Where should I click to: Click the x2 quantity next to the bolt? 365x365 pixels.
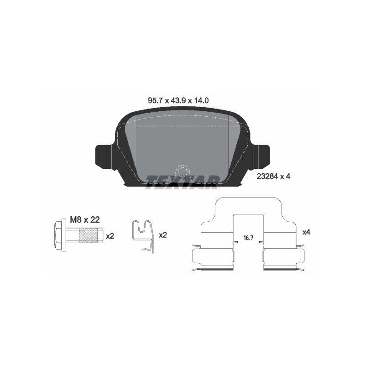pyautogui.click(x=110, y=236)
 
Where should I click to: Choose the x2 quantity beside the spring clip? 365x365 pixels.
pyautogui.click(x=163, y=236)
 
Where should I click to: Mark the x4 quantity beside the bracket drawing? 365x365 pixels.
pyautogui.click(x=306, y=232)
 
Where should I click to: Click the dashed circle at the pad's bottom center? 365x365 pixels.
pyautogui.click(x=182, y=172)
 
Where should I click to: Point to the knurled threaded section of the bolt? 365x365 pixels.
pyautogui.click(x=89, y=236)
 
